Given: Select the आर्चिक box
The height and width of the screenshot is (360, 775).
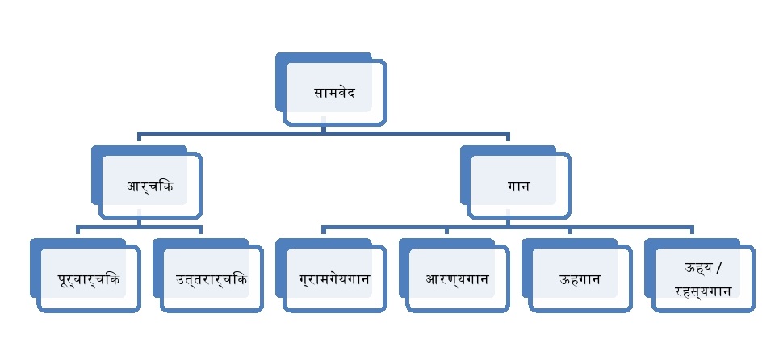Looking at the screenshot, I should point(150,186).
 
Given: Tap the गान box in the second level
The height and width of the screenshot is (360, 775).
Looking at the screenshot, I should point(518,186).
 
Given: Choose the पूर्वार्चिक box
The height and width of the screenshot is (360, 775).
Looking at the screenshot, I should point(88,279).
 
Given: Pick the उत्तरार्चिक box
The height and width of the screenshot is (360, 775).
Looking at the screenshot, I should point(211,279).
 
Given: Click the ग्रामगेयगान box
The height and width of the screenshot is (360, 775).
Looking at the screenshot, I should point(333,279).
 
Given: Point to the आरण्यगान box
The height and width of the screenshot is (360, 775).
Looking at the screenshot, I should point(457,279).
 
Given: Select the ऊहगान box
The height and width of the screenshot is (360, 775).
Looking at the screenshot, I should point(580,279).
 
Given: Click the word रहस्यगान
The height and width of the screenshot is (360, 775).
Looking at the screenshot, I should point(702,291).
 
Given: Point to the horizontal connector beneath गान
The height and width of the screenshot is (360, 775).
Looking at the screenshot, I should point(509,227).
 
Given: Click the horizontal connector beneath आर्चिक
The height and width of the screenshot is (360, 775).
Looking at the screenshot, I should point(139,227).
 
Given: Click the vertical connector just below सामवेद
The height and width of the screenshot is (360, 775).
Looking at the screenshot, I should point(323,128).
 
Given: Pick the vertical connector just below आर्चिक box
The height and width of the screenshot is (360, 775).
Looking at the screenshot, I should point(139,221).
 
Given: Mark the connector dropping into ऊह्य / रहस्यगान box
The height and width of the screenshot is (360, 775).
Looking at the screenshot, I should point(692,232).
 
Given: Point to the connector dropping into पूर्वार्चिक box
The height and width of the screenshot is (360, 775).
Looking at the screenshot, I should point(77,232).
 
